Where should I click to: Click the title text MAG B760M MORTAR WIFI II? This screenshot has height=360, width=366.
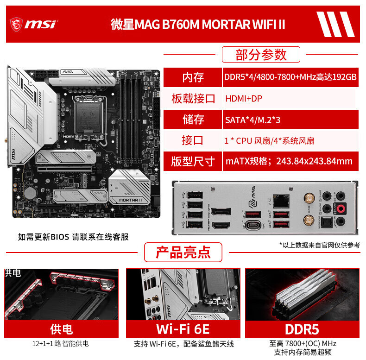click(198, 24)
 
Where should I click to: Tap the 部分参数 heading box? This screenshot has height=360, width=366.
click(261, 55)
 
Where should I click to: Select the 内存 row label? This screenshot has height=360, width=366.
click(193, 77)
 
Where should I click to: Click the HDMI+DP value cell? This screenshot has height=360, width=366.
click(244, 99)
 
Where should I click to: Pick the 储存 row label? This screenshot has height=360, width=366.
click(193, 120)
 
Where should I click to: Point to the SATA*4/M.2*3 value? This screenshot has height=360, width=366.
click(252, 120)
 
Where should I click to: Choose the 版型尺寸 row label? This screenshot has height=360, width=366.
click(193, 161)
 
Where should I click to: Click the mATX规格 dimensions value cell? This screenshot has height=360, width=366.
click(289, 161)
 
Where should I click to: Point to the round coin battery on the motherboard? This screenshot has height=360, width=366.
click(31, 191)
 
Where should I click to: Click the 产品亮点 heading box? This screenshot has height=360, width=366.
click(183, 253)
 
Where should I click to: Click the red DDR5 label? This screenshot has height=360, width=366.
click(302, 329)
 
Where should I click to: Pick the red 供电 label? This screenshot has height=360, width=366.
click(61, 329)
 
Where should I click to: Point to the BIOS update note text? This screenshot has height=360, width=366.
click(73, 237)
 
